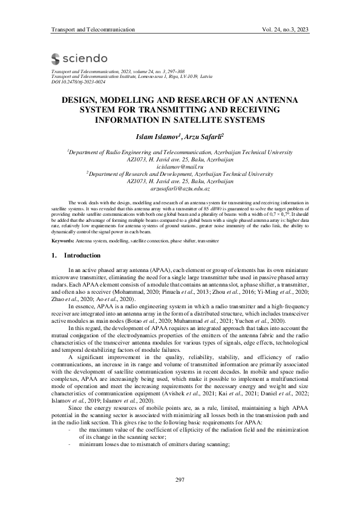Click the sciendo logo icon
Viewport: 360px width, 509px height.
click(x=56, y=59)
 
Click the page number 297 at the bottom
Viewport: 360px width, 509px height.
click(x=180, y=480)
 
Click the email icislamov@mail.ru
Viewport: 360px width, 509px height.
click(x=180, y=165)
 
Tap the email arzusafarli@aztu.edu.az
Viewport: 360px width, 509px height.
click(x=180, y=189)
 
